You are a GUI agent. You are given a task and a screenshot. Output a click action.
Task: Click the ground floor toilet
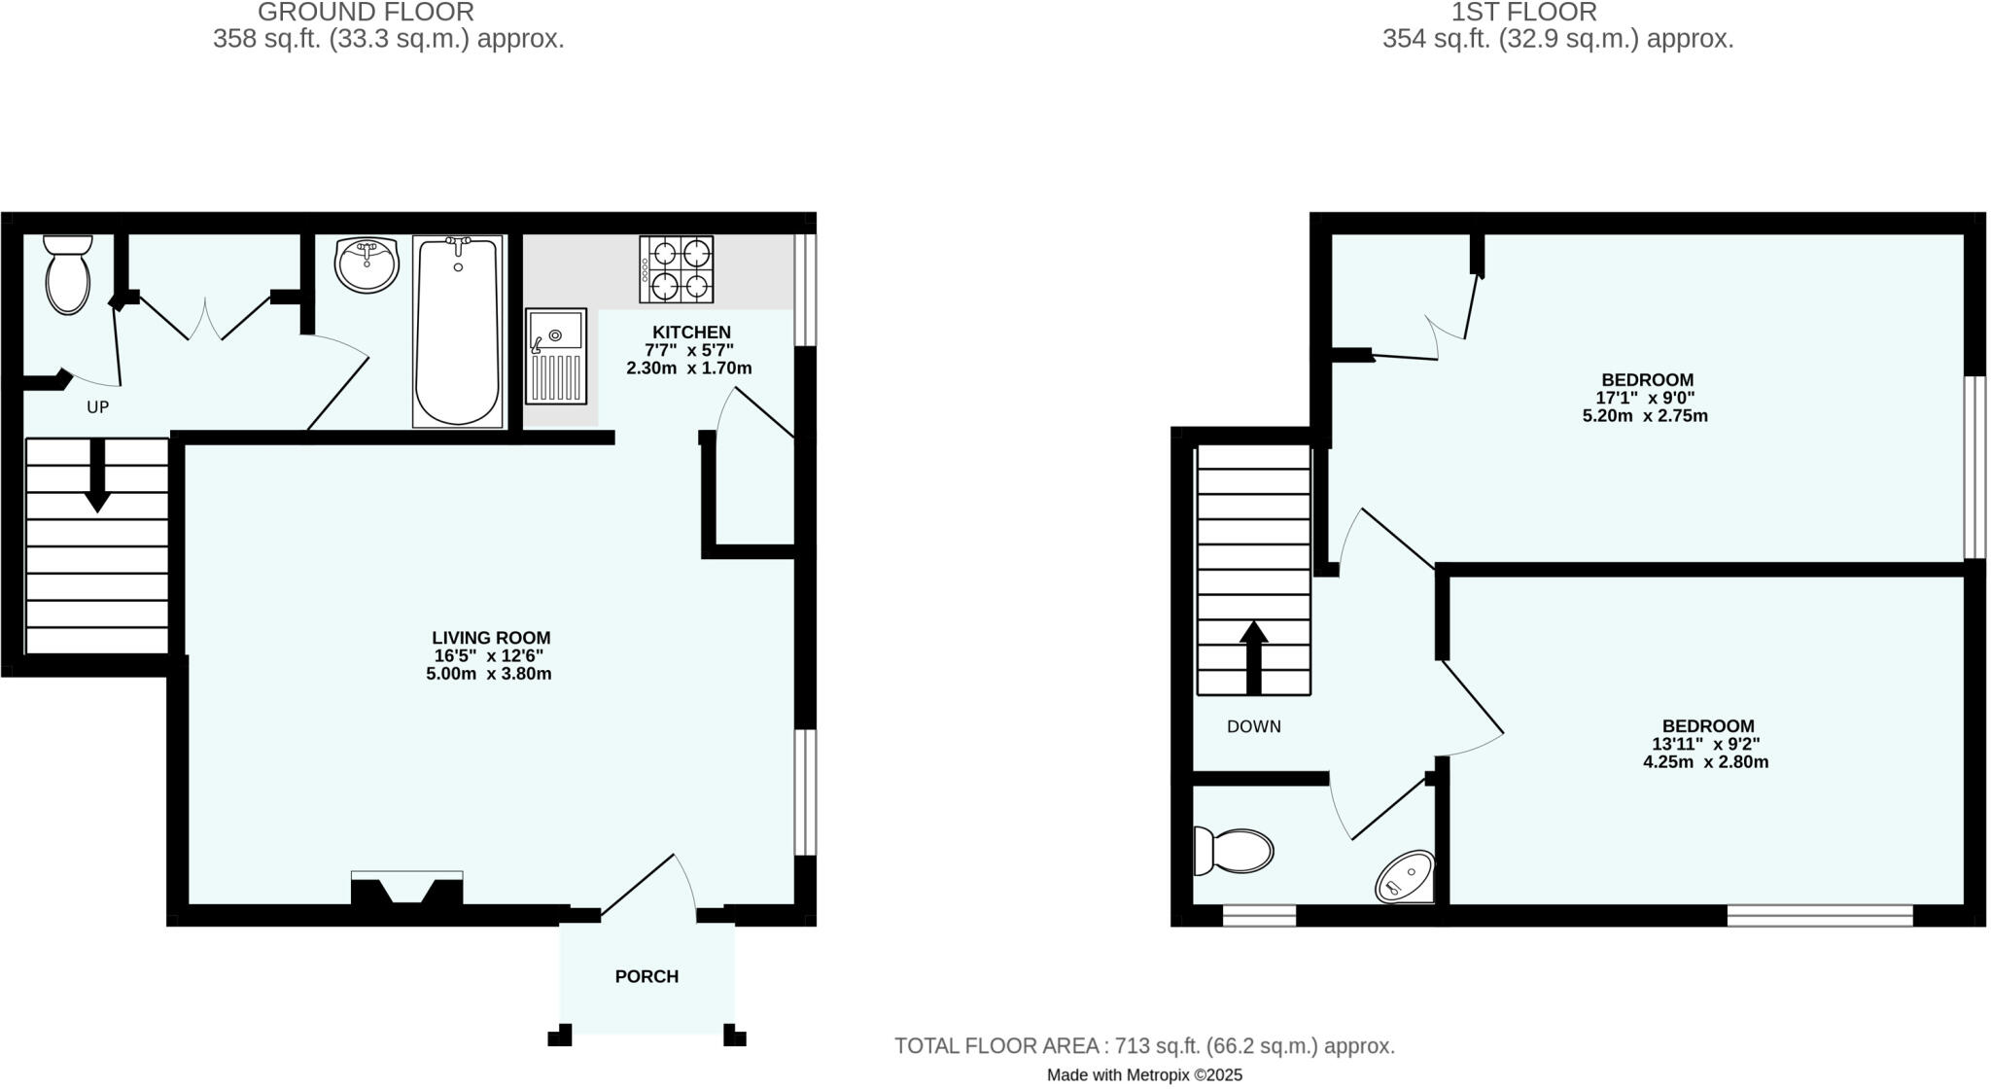[67, 275]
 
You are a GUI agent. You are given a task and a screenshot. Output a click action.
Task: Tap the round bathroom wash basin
[367, 263]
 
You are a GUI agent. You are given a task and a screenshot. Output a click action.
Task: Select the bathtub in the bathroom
[458, 331]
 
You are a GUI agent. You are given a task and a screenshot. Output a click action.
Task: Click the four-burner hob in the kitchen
[676, 269]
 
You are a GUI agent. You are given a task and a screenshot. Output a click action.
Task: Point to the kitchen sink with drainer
[556, 356]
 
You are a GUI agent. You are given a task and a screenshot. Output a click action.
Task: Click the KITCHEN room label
[690, 332]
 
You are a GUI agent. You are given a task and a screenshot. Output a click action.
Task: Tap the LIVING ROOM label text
[491, 638]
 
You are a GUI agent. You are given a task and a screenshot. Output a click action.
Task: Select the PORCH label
[646, 976]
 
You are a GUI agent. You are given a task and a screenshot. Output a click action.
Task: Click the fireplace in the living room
[406, 891]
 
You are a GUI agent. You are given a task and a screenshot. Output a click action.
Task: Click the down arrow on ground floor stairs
[97, 476]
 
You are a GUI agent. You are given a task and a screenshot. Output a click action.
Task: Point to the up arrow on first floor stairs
[1254, 657]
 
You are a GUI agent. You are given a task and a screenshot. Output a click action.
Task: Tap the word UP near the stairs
[97, 407]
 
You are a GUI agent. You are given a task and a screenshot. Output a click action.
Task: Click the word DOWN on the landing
[1253, 726]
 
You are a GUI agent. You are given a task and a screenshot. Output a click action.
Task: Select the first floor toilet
[1234, 852]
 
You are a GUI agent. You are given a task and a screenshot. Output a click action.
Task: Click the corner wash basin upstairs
[1407, 878]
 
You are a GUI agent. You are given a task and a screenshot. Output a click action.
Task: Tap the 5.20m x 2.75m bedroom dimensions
[1645, 416]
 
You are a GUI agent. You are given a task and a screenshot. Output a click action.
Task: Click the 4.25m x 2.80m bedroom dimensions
[1705, 762]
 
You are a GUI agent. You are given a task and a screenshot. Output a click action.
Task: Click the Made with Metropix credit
[1144, 1075]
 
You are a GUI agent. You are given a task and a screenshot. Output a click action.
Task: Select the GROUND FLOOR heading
[366, 13]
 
